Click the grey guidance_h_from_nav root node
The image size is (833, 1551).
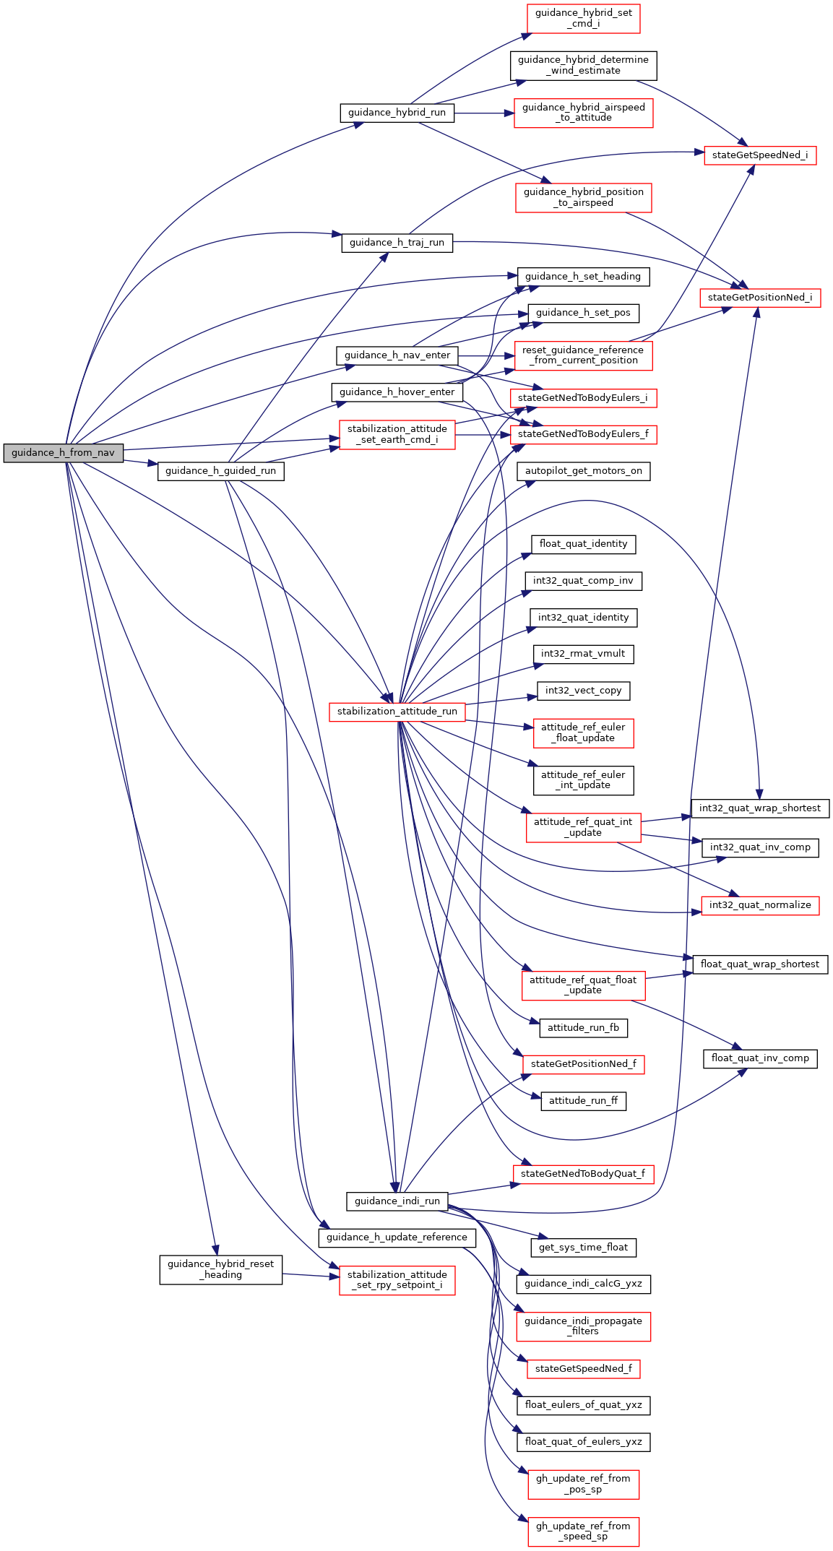[63, 453]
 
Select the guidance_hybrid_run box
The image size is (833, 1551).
[397, 113]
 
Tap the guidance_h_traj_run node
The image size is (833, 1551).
[397, 243]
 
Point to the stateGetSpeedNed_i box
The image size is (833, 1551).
[760, 155]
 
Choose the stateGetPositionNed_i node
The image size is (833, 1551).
[760, 298]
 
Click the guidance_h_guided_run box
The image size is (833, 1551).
[220, 471]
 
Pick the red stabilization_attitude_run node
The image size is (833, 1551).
[397, 712]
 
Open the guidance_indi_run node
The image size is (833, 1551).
[397, 1201]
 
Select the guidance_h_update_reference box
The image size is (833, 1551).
[397, 1237]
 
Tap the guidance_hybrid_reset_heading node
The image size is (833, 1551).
[220, 1269]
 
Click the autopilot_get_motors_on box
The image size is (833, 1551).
[583, 471]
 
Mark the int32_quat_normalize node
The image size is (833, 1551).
[760, 905]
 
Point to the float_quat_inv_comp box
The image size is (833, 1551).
[760, 1058]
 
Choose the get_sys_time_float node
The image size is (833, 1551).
[583, 1247]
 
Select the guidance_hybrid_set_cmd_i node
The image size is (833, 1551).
[583, 18]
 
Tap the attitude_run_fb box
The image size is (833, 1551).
[583, 1028]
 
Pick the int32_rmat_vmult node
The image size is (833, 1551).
[583, 654]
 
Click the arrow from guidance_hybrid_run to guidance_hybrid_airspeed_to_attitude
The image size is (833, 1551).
[484, 113]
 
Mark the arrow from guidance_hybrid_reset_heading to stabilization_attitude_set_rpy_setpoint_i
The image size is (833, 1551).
[311, 1276]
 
